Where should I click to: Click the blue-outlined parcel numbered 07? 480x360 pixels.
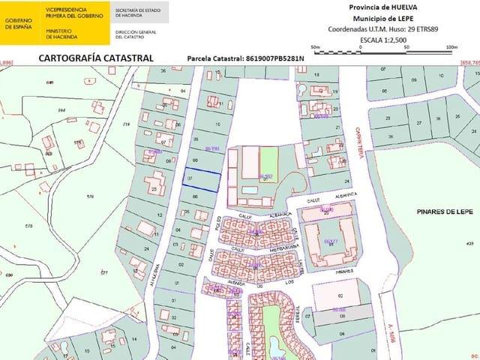tap(202, 179)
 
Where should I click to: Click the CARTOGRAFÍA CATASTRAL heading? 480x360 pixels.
tap(95, 58)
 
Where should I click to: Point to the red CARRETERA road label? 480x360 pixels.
tap(359, 141)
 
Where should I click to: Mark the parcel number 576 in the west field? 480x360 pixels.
tap(90, 196)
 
